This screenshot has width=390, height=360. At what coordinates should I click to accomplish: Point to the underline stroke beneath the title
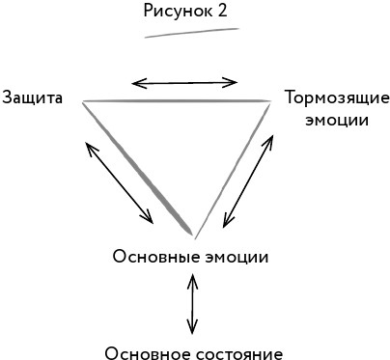click(191, 33)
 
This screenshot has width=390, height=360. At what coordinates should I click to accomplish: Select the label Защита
click(33, 97)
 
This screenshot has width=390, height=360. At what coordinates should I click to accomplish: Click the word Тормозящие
click(337, 97)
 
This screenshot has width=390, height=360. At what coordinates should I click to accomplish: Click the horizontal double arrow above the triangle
click(184, 82)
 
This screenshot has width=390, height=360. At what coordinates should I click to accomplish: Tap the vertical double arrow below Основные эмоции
click(193, 303)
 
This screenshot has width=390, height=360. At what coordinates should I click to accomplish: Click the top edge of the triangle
click(174, 100)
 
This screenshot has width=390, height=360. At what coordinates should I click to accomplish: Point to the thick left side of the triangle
click(140, 170)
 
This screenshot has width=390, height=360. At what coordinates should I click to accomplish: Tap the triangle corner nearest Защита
click(84, 101)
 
